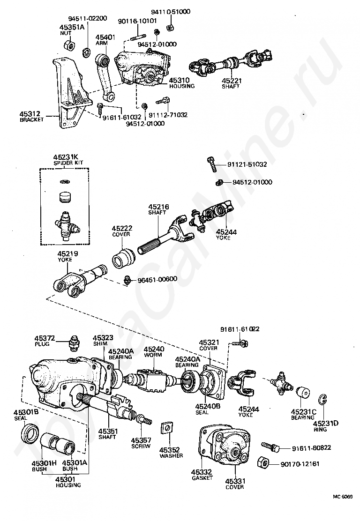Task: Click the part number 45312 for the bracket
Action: [x=30, y=114]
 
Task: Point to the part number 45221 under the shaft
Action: [x=232, y=81]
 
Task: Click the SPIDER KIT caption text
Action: [x=68, y=163]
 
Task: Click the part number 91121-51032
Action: [x=247, y=164]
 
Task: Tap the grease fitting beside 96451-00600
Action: [x=127, y=279]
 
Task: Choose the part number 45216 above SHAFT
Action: [x=158, y=207]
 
